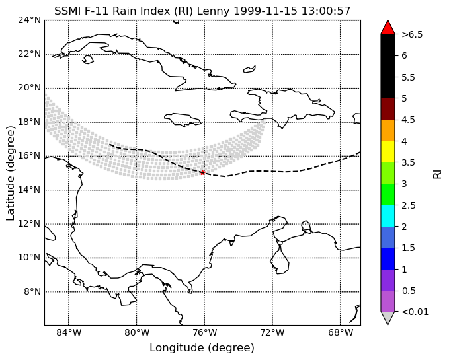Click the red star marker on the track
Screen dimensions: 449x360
point(203,172)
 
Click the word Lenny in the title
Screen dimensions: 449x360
point(214,11)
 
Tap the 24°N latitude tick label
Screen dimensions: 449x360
point(29,20)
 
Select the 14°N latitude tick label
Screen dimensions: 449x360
point(29,190)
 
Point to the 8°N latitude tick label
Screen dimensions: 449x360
point(32,292)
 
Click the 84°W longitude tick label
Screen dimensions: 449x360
point(68,332)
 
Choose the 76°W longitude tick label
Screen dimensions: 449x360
point(204,332)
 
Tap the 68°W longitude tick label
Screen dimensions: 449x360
point(340,332)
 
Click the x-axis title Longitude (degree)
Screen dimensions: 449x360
point(202,348)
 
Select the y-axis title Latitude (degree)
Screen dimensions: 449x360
point(11,173)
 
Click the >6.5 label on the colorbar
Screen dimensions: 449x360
point(412,34)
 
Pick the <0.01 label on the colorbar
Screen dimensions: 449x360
point(415,312)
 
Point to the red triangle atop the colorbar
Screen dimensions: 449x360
point(388,28)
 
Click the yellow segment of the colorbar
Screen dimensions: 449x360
point(388,152)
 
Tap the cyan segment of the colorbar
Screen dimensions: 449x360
point(388,216)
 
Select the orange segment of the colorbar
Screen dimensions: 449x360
point(388,130)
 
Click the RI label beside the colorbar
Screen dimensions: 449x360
point(437,173)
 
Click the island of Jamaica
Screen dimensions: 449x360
point(183,120)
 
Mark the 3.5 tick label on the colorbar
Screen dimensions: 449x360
point(409,162)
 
